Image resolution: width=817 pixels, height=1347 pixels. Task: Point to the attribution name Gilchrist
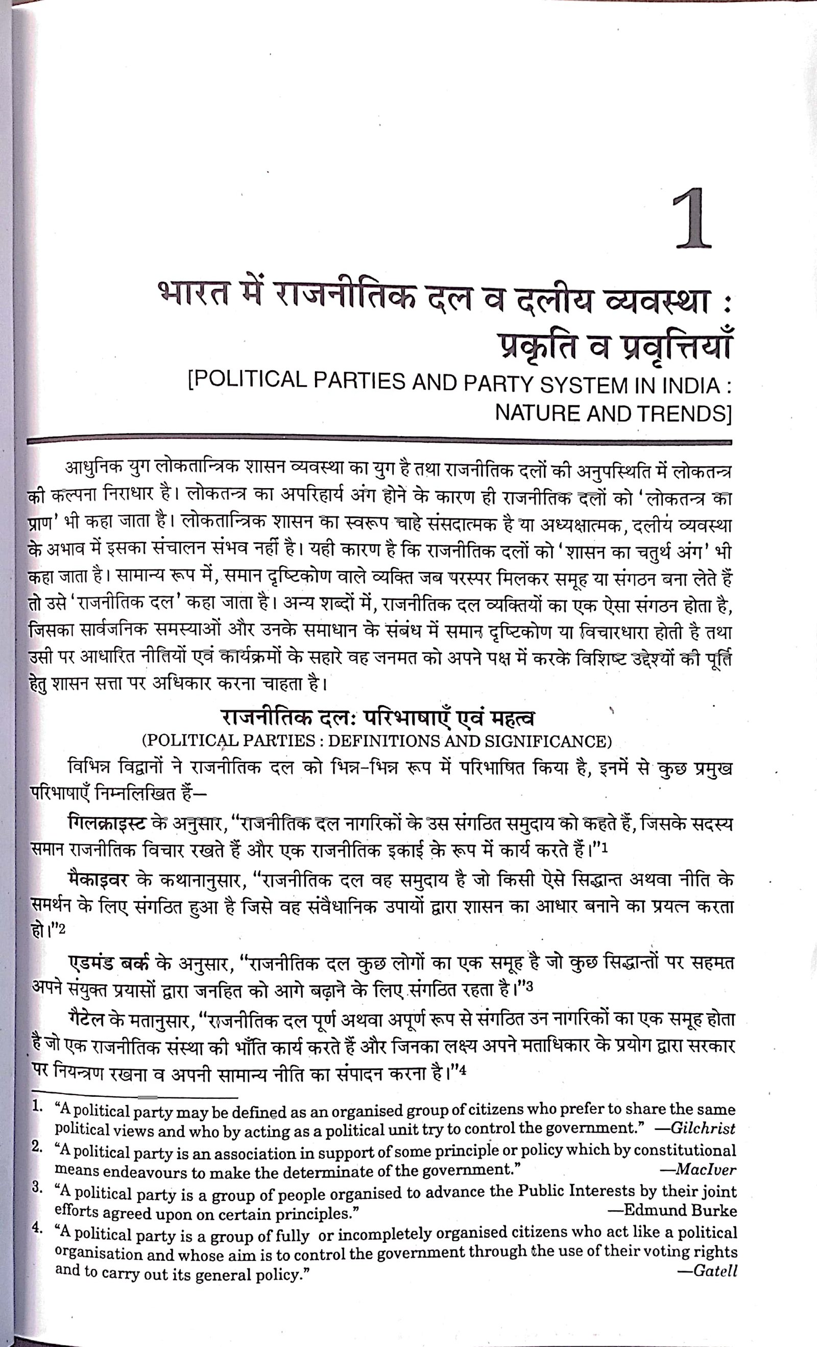(x=703, y=1128)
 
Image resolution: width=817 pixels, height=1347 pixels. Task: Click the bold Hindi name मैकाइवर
(x=98, y=881)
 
